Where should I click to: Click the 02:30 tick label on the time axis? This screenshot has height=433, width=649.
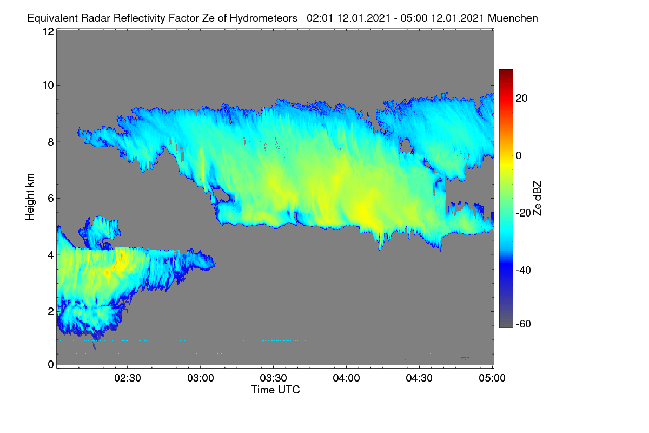128,378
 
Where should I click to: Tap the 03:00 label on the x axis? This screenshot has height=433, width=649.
201,378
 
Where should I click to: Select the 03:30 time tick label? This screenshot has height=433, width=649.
273,378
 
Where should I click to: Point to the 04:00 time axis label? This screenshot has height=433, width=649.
346,378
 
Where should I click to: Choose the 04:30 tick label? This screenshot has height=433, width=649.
419,378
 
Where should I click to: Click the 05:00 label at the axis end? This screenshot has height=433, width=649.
492,378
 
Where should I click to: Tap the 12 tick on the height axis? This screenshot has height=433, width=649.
48,31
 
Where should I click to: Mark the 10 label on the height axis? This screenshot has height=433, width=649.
48,86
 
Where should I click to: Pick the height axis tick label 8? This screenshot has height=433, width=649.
51,142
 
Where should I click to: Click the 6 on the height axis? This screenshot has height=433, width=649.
51,199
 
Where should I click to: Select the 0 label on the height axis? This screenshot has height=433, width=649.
51,365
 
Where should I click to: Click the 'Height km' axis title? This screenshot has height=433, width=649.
30,197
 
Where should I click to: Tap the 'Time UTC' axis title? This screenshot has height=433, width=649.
275,390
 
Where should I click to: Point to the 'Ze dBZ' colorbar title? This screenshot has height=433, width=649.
537,199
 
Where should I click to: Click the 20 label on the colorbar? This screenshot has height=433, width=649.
521,99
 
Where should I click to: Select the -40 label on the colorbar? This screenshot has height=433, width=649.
524,270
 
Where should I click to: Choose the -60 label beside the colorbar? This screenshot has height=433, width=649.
524,324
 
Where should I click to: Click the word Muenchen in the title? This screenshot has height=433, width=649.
513,18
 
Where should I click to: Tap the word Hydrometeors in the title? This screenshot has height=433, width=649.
263,18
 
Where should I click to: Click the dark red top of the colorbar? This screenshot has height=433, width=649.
506,72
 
